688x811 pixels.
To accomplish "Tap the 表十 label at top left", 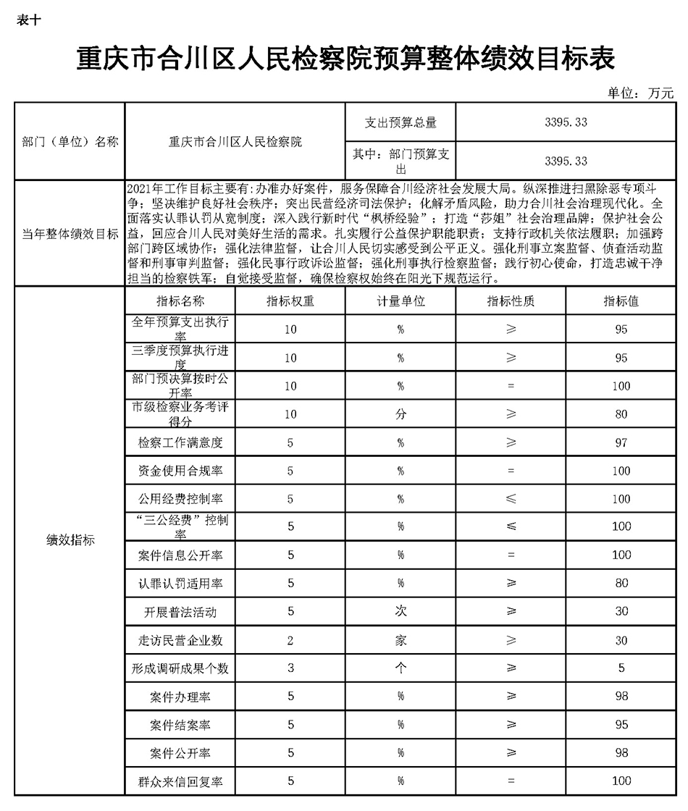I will [28, 20].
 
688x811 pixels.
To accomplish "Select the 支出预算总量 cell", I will [400, 122].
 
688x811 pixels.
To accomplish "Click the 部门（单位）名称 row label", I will [70, 142].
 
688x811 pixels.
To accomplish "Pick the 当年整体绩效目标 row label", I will [70, 234].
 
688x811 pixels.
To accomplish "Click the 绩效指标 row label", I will [70, 541].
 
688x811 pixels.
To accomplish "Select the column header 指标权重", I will [290, 301].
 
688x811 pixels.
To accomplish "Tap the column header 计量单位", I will [400, 301].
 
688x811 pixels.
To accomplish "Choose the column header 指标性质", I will [511, 301].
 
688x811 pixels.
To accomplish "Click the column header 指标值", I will [621, 301].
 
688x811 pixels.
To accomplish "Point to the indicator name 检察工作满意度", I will [180, 442].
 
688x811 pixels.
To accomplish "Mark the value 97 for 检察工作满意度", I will [621, 442].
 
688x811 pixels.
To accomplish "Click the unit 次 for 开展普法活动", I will [400, 612].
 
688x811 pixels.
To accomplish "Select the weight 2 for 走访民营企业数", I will [290, 640].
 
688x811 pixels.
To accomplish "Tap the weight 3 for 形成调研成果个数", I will [290, 668].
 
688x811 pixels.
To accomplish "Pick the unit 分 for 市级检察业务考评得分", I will [400, 414].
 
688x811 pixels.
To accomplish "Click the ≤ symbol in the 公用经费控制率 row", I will [511, 499].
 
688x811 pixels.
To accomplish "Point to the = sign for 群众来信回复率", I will [511, 781].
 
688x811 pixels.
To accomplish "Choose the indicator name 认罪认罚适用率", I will [180, 584].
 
